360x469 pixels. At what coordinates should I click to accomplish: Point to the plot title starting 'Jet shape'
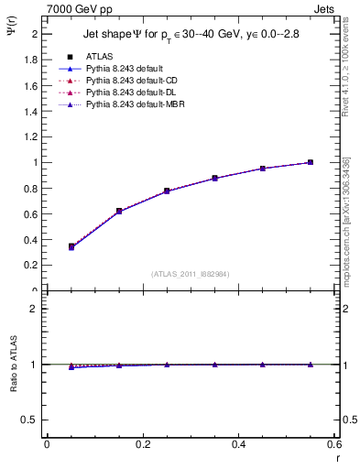[191, 34]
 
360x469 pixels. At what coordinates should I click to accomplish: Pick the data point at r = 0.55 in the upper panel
[310, 162]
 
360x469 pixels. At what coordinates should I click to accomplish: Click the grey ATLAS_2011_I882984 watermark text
[190, 273]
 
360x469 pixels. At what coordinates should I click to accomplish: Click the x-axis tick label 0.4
[239, 445]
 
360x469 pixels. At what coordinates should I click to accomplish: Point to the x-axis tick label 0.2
[143, 445]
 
